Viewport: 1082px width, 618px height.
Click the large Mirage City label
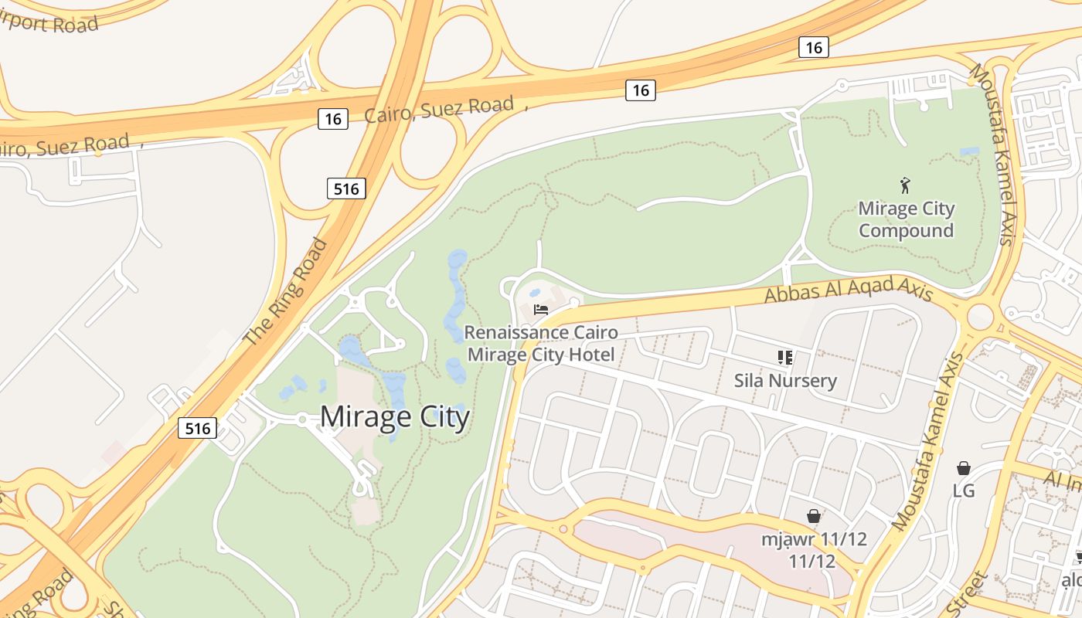pyautogui.click(x=394, y=417)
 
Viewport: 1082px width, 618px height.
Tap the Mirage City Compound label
pyautogui.click(x=907, y=219)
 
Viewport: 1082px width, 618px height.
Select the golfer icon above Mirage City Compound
pyautogui.click(x=906, y=185)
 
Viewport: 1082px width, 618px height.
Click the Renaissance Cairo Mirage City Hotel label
pyautogui.click(x=541, y=344)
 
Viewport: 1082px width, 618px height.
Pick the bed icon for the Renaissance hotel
pyautogui.click(x=541, y=311)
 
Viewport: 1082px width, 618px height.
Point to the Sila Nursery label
pyautogui.click(x=785, y=380)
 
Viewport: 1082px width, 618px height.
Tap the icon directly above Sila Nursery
pyautogui.click(x=785, y=357)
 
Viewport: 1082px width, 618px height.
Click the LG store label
pyautogui.click(x=964, y=491)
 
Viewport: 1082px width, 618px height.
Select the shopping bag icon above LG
pyautogui.click(x=964, y=468)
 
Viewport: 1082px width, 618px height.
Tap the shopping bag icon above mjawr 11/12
pyautogui.click(x=814, y=516)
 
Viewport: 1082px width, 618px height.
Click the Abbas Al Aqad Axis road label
pyautogui.click(x=849, y=291)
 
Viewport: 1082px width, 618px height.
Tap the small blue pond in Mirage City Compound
pyautogui.click(x=968, y=151)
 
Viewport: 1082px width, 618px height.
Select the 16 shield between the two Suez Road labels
pyautogui.click(x=332, y=119)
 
